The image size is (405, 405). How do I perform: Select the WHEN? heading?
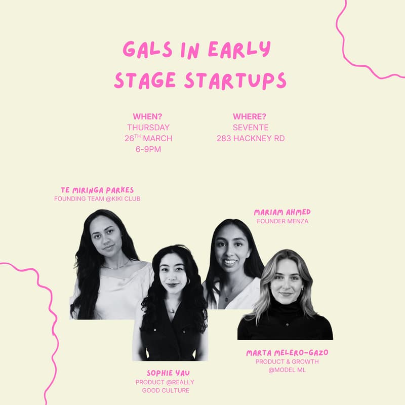click(x=147, y=116)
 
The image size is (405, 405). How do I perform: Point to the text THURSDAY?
click(x=148, y=128)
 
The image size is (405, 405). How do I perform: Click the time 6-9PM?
click(x=148, y=149)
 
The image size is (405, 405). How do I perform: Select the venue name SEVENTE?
click(x=251, y=128)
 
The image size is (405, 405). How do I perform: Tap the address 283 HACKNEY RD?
click(x=251, y=138)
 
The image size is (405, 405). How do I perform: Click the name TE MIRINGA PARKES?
click(x=97, y=190)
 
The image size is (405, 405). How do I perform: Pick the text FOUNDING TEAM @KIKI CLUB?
click(x=97, y=199)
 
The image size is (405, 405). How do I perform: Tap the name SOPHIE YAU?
click(x=165, y=373)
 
